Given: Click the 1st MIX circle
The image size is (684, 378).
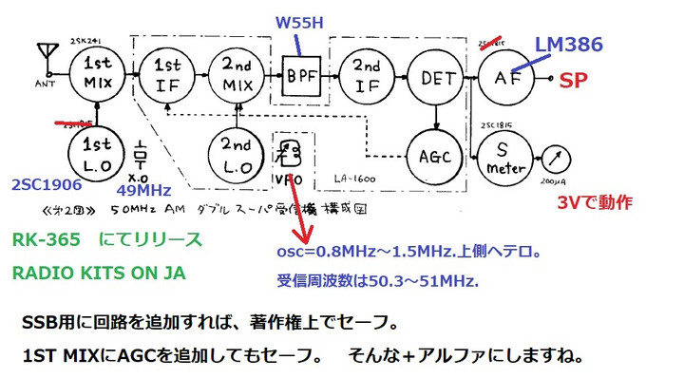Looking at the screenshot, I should [98, 72].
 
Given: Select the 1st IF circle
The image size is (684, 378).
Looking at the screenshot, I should [168, 72].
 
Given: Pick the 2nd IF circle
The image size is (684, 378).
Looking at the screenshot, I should [368, 72].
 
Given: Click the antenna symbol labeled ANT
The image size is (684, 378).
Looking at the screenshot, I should [44, 52].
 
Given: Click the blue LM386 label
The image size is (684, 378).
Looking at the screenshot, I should [569, 45].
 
